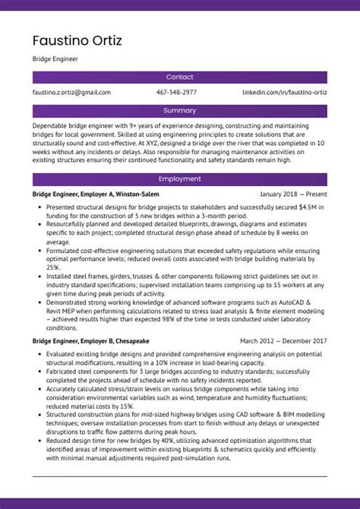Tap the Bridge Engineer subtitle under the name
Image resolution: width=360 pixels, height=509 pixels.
(55, 58)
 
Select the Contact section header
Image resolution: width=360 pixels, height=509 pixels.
(179, 77)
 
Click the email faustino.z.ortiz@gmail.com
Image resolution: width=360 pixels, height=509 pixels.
(71, 93)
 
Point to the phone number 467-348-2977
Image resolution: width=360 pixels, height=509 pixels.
(176, 93)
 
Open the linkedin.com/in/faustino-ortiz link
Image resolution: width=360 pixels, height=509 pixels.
(285, 93)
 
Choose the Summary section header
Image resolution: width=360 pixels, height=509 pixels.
(179, 111)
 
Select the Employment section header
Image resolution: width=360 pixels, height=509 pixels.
(179, 179)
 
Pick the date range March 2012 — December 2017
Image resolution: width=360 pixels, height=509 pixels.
(283, 342)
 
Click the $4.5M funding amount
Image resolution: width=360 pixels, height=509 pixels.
(308, 206)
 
